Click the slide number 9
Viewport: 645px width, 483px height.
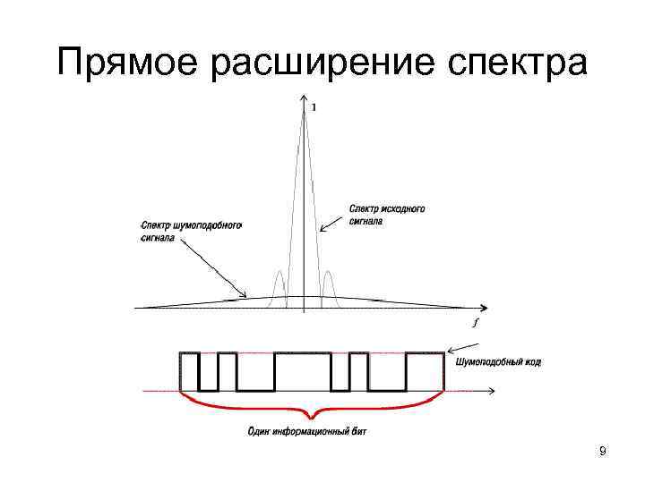(x=603, y=451)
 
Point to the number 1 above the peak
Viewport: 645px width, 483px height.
(x=313, y=108)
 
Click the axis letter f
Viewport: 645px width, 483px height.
(x=475, y=322)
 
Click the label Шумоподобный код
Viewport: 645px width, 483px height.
(x=498, y=362)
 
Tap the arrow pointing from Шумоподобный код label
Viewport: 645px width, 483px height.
(x=458, y=350)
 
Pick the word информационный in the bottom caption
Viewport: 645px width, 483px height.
(x=310, y=432)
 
